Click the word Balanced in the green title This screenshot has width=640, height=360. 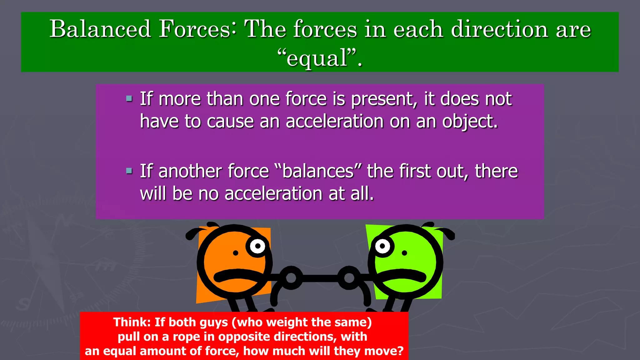point(100,29)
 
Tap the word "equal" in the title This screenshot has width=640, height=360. point(317,58)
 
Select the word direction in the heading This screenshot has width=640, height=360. point(499,29)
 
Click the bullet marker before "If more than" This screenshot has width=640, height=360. point(129,99)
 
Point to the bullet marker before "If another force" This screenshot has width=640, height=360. point(129,171)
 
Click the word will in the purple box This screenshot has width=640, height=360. point(153,193)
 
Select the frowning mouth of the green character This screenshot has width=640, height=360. point(402,274)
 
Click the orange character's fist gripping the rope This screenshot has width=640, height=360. point(291,277)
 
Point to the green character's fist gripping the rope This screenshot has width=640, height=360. point(349,277)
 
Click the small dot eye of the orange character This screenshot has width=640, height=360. point(236,253)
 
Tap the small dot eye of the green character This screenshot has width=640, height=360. point(404,253)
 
